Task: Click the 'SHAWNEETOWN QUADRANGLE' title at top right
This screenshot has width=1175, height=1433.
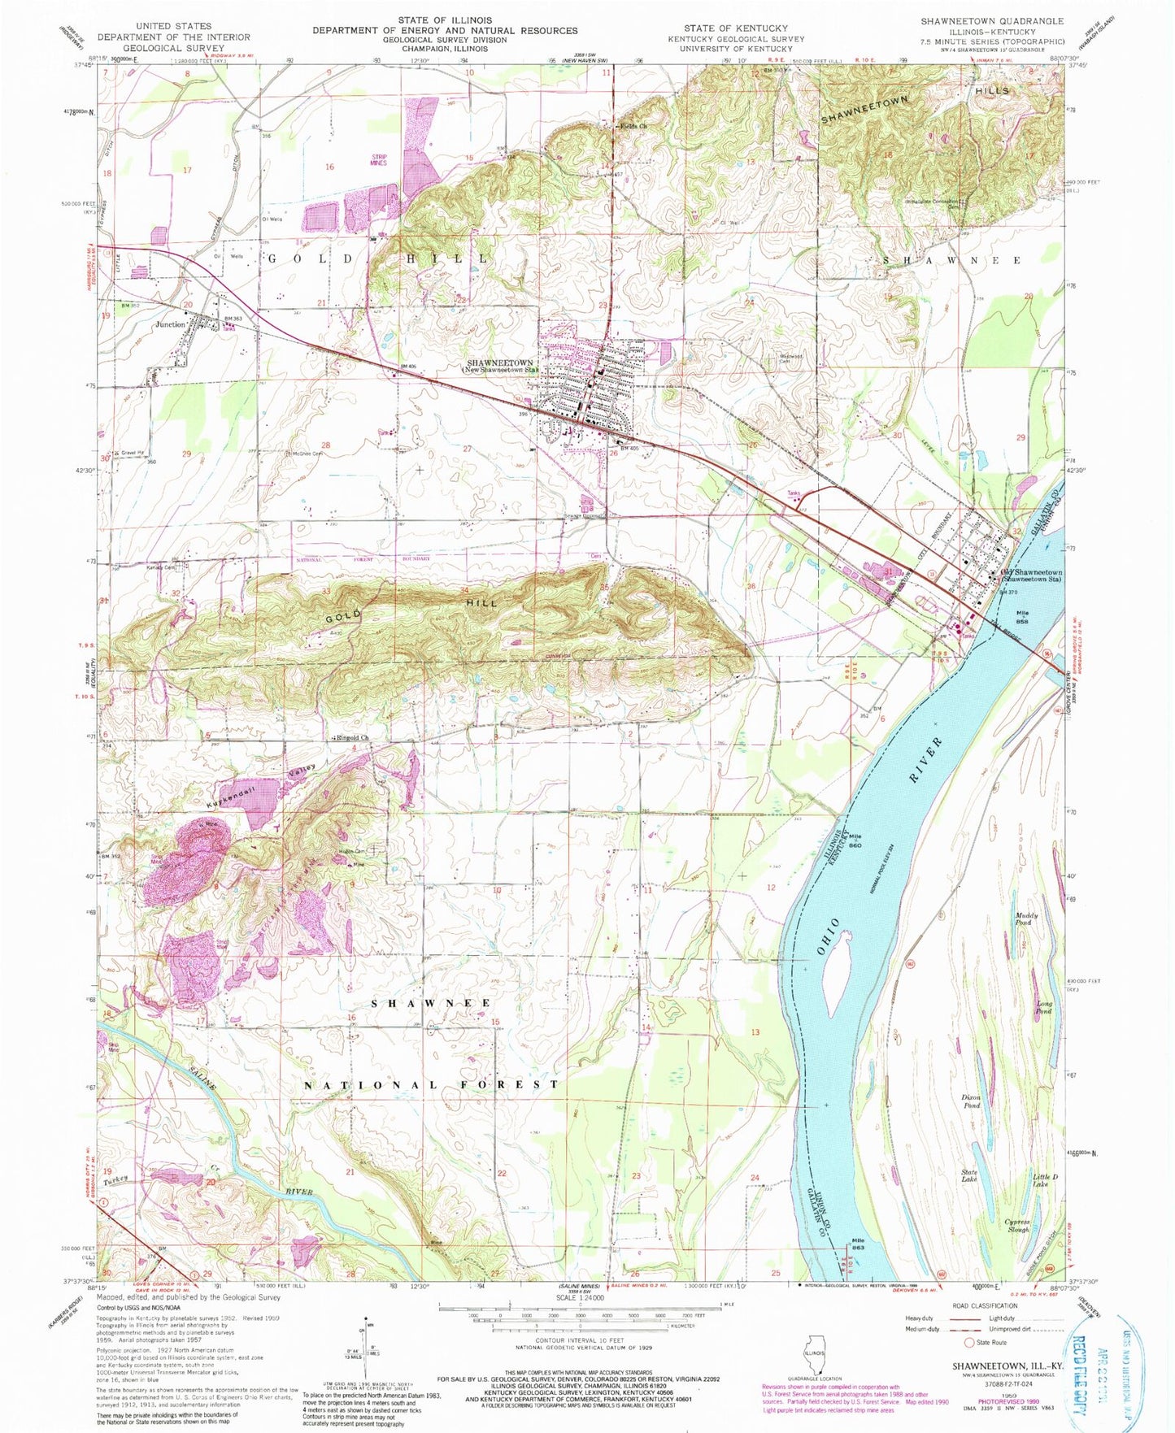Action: click(x=991, y=21)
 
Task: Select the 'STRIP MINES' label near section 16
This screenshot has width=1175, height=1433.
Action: click(x=380, y=159)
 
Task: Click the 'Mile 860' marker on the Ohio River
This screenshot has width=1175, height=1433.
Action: click(x=855, y=842)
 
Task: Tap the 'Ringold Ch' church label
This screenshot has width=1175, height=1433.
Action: click(x=353, y=738)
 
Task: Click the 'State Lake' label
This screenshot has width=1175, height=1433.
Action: click(x=969, y=1175)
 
